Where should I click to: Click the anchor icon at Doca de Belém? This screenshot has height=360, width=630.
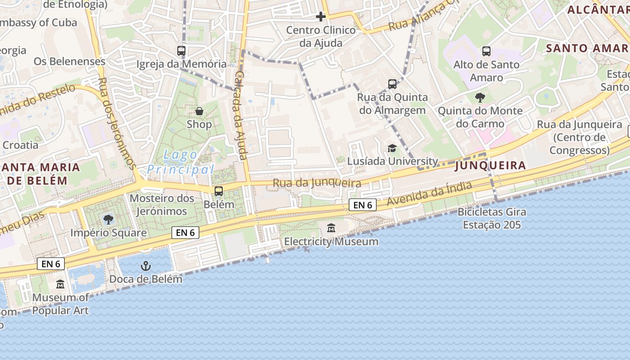145,266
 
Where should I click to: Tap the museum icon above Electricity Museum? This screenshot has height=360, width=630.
331,228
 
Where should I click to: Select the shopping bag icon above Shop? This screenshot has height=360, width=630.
199,111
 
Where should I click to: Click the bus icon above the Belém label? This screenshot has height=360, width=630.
219,191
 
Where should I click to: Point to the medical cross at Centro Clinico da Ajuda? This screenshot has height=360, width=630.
320,17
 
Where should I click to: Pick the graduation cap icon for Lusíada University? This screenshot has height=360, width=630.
392,148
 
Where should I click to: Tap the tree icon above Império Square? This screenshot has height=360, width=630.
108,220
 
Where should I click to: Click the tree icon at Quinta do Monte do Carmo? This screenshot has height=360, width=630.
480,97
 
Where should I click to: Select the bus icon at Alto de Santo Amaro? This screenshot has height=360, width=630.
486,51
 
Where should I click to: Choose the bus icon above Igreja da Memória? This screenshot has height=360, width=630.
181,51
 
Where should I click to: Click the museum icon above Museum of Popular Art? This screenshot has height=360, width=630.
60,284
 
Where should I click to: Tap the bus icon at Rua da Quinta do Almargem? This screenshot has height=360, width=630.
392,84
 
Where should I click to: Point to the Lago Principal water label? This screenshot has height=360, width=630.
180,162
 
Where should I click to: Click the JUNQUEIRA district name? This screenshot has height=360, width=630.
490,166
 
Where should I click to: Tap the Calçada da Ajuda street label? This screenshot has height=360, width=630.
241,115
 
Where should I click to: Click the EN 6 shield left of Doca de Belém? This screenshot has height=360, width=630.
51,264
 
